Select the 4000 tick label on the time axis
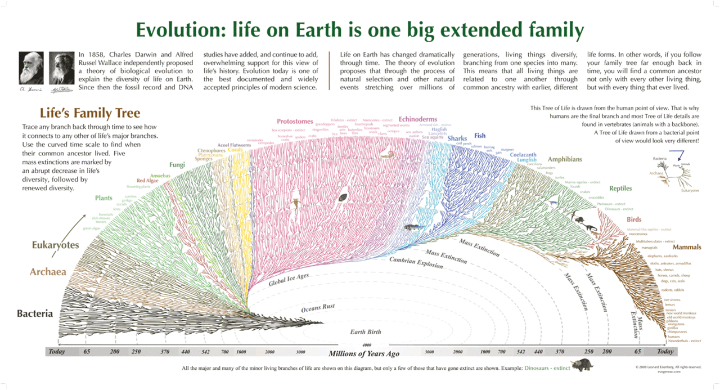(367, 344)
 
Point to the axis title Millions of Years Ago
(364, 353)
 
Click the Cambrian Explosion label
(416, 262)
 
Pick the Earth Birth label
(366, 331)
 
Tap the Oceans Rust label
(318, 308)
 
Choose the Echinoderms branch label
(417, 119)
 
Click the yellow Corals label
(235, 150)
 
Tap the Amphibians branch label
(565, 159)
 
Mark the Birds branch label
(634, 219)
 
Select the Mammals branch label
(687, 247)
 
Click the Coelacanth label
(523, 154)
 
